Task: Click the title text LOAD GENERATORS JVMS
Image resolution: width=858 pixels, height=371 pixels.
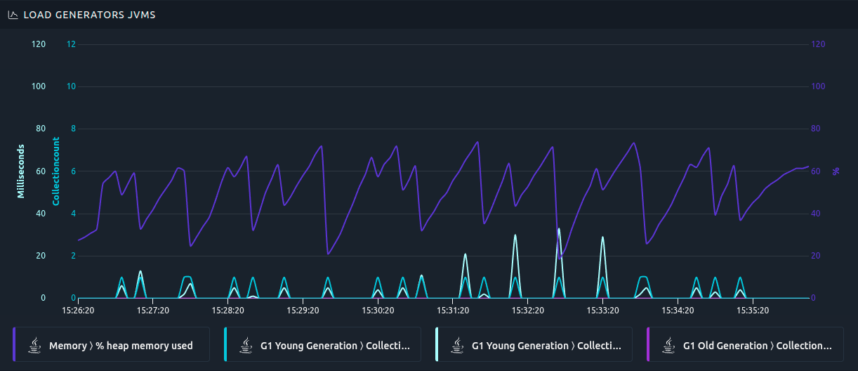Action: [89, 15]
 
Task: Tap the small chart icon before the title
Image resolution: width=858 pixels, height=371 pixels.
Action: [13, 15]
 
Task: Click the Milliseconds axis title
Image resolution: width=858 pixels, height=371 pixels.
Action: [21, 171]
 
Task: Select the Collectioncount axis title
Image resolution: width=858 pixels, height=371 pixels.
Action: [57, 171]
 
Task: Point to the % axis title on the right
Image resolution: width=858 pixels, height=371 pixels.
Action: [836, 171]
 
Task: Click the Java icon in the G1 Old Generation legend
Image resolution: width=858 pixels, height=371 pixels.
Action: [668, 345]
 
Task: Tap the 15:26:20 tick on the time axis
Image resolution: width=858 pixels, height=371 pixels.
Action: [79, 310]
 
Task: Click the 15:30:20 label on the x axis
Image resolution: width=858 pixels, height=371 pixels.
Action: [378, 310]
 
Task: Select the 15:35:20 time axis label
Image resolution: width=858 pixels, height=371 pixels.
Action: [752, 310]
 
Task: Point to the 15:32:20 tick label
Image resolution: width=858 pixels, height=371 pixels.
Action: [527, 310]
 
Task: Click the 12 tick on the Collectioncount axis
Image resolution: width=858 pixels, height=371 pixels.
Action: [71, 44]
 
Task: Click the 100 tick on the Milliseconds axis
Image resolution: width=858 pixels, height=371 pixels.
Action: [39, 86]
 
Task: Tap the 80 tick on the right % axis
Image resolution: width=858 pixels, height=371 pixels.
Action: [818, 129]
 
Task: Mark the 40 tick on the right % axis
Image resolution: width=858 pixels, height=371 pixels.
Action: [818, 214]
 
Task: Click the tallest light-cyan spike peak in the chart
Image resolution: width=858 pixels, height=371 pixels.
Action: [559, 229]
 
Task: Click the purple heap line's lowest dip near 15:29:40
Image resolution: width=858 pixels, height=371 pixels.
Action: [328, 254]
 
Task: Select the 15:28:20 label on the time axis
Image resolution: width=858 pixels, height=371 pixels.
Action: [228, 310]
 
